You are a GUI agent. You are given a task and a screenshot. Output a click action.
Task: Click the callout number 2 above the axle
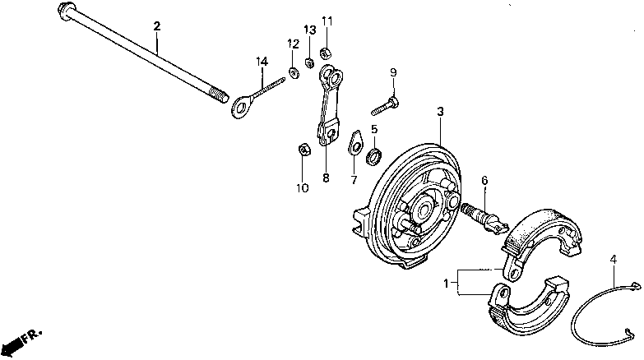[156, 26]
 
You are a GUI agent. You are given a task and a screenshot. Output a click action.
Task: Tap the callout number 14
[262, 61]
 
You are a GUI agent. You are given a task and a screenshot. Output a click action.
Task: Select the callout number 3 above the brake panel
[441, 111]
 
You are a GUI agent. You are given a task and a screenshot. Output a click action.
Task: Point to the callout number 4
[613, 261]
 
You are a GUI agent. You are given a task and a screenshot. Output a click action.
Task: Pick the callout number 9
[393, 72]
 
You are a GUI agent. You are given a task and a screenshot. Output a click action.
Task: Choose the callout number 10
[303, 188]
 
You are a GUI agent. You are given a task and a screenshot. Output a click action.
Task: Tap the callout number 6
[484, 181]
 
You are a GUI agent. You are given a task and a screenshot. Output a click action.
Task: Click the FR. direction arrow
[18, 338]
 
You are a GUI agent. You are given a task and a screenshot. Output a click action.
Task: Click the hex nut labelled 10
[302, 150]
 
